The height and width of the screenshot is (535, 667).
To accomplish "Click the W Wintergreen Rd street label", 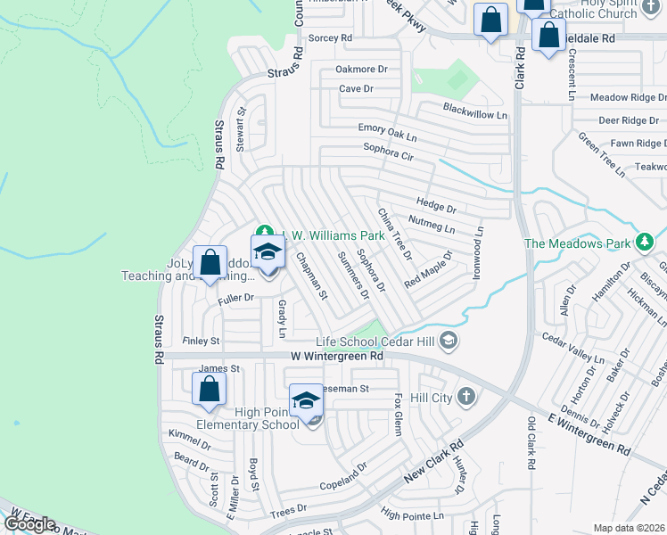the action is coord(336,356).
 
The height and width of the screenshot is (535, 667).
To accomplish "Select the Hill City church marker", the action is coord(466,397).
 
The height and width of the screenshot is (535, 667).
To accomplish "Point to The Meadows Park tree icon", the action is coord(644,243).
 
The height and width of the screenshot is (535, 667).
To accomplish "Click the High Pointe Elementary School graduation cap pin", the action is coord(306,400).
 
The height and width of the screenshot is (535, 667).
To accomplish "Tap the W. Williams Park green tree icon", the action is coord(263,234).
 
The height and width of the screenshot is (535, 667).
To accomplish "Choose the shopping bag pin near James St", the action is coord(209,389).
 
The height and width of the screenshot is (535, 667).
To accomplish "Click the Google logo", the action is coord(29,524).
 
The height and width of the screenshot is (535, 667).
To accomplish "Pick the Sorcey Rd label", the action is coord(330,38).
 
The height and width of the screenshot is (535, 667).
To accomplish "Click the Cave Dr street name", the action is coord(355,88).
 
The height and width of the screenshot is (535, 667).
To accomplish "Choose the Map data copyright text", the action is coord(629,528).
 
